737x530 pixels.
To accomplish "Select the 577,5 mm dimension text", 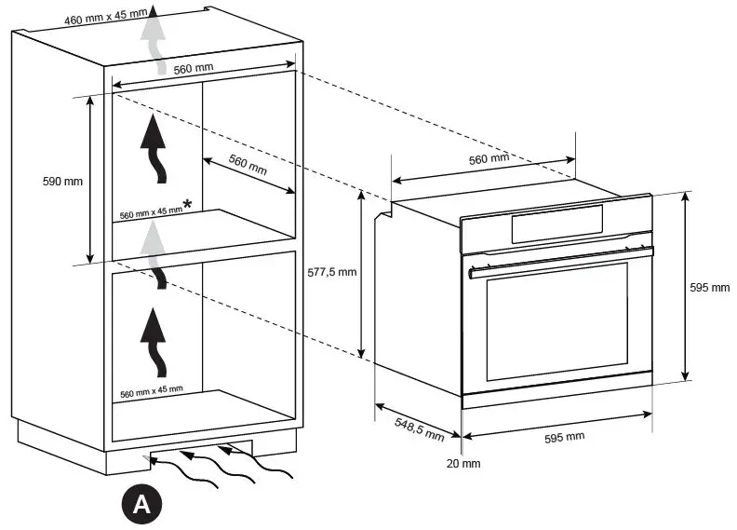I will coord(331,273).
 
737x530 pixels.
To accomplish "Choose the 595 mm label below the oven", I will coord(564,437).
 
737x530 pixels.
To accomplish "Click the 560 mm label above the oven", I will coord(489,159).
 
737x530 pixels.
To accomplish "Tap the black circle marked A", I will coord(141,504).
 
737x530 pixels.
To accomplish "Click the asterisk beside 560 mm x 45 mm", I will coord(188,204).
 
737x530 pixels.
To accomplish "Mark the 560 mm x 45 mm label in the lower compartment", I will coord(152,389).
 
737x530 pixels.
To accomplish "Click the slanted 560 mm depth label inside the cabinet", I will coord(247,165).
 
